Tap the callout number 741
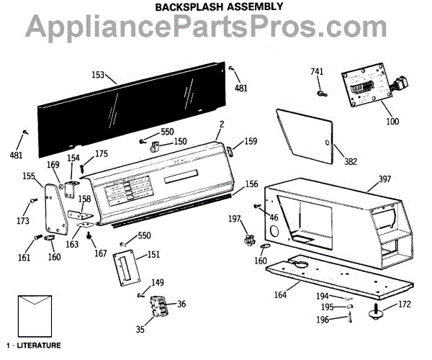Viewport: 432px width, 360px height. click(318, 72)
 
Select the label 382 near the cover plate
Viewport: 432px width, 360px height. click(330, 161)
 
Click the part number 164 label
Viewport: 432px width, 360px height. click(279, 294)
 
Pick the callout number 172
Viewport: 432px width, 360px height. click(404, 304)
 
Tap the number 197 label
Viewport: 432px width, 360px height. click(235, 218)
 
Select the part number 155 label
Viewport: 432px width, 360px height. click(29, 175)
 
